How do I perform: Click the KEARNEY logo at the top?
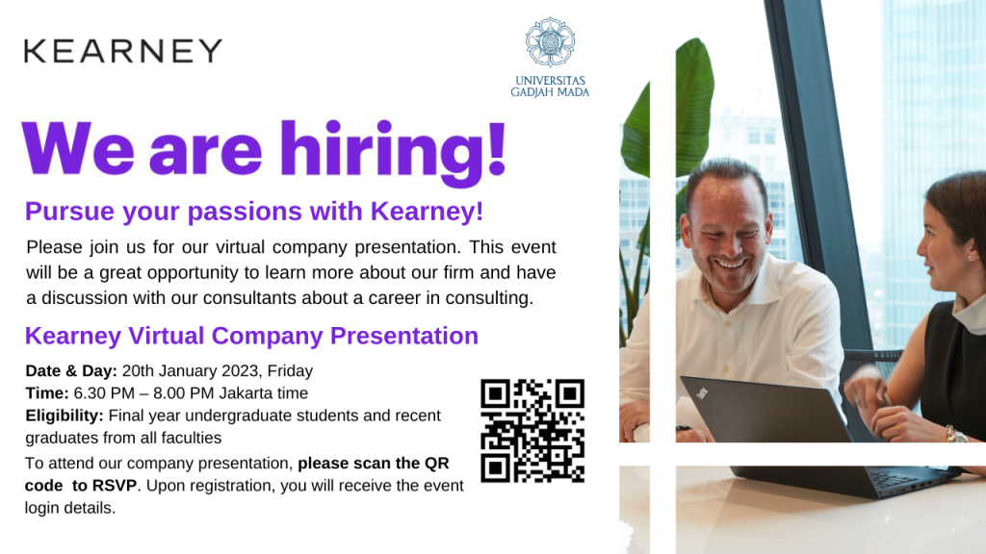[123, 51]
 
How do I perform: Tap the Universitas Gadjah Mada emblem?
[550, 42]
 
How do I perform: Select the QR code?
[532, 430]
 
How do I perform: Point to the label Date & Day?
[71, 370]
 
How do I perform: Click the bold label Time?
[47, 392]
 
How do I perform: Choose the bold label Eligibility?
[65, 415]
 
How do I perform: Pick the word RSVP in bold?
[114, 486]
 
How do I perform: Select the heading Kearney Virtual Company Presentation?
[251, 336]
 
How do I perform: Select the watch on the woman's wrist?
[954, 435]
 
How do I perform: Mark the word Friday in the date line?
[290, 370]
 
